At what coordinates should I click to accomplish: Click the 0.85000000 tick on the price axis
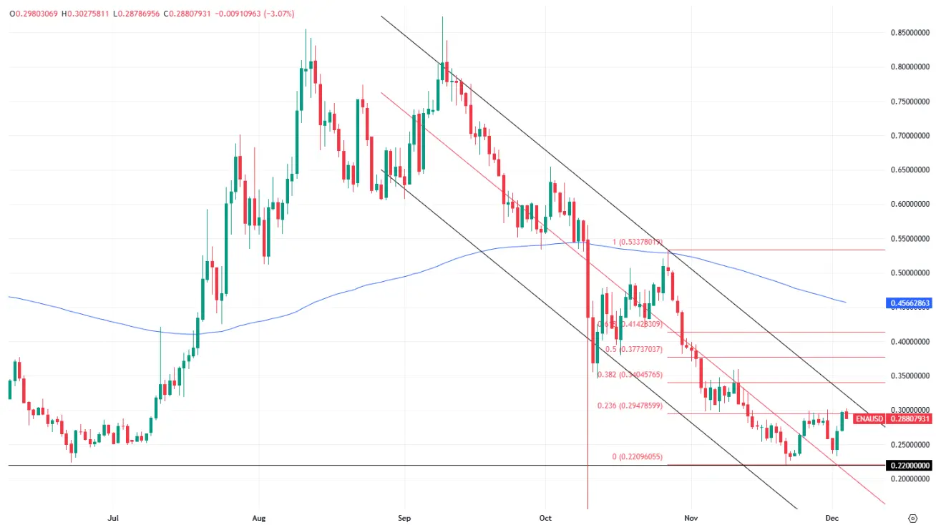[x=910, y=32]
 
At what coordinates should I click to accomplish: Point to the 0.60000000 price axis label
[x=910, y=204]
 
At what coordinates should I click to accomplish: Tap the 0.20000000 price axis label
[x=910, y=479]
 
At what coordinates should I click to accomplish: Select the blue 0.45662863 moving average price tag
[x=910, y=303]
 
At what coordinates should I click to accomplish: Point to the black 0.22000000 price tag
[x=910, y=466]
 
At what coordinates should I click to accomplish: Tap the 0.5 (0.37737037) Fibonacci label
[x=634, y=350]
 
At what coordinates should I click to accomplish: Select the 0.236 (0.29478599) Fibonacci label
[x=630, y=406]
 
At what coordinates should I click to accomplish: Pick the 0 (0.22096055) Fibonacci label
[x=637, y=457]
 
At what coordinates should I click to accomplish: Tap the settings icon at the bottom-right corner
[x=912, y=517]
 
